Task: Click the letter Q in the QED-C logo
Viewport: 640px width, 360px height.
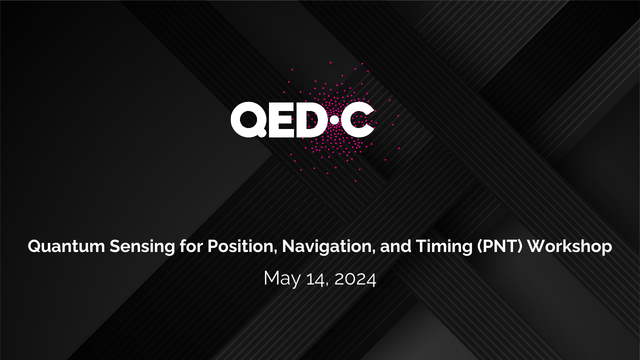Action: (x=248, y=119)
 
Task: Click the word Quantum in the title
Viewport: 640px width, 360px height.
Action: (x=66, y=246)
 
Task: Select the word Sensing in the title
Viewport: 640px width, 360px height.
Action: (x=142, y=247)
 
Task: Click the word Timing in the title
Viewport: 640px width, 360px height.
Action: (x=444, y=247)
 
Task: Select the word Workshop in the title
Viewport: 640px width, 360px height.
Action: (x=569, y=247)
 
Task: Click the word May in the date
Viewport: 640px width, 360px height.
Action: (x=282, y=279)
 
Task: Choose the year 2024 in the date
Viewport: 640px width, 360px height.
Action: (x=355, y=279)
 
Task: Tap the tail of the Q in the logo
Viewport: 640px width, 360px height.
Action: (x=262, y=133)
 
